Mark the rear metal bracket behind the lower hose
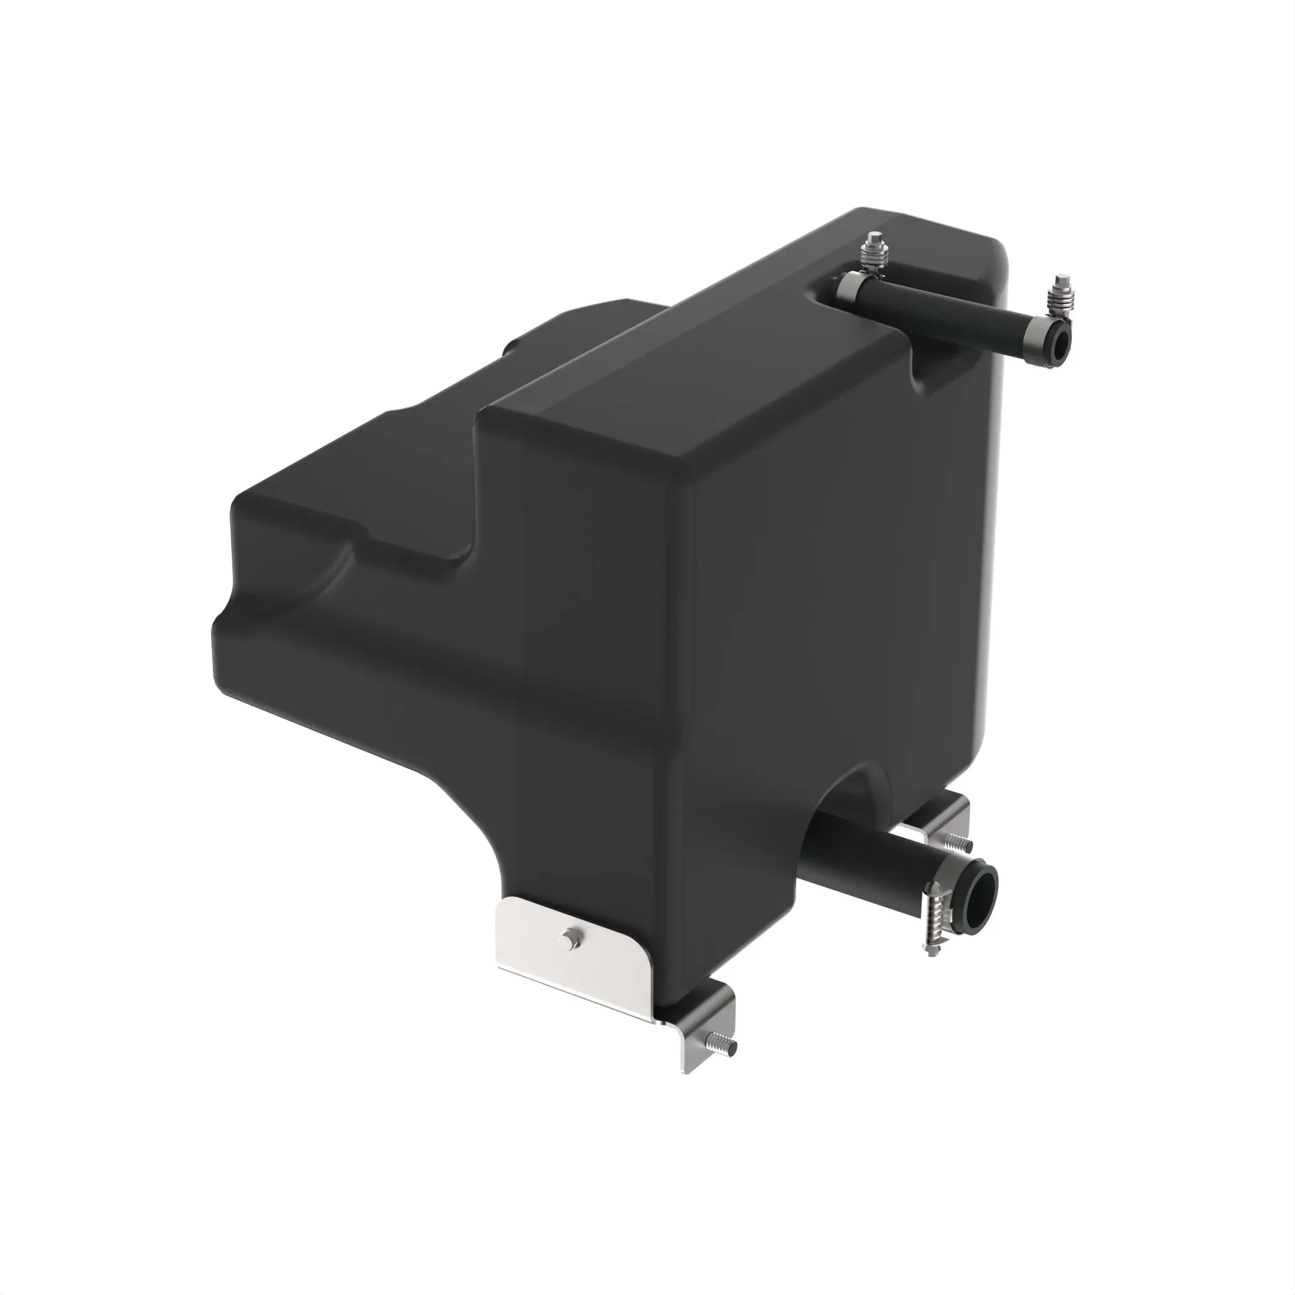pos(938,815)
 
